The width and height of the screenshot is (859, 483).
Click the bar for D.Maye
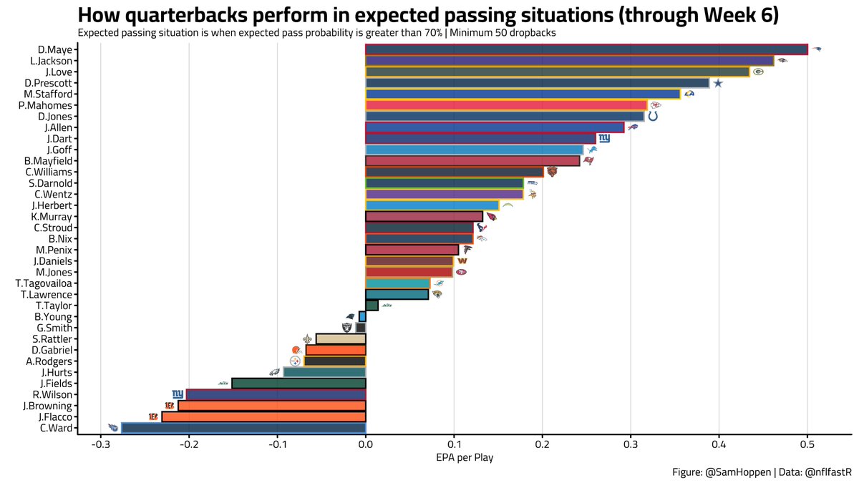[586, 49]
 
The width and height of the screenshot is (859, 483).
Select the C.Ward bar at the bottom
[243, 428]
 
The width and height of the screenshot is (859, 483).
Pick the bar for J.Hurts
[324, 372]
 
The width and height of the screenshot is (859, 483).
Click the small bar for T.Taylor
[372, 306]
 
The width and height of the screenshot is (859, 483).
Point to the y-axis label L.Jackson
[52, 61]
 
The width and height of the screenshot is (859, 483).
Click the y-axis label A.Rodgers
[49, 361]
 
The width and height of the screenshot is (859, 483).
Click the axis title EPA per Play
[464, 458]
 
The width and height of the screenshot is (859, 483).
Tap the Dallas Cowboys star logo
[718, 83]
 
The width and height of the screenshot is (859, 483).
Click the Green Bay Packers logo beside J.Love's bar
[757, 72]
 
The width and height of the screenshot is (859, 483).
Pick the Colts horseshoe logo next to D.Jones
[653, 116]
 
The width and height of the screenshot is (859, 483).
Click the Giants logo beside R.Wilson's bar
[178, 394]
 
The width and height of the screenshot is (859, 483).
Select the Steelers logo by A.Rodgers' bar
[295, 361]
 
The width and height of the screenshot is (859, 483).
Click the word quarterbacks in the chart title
[185, 15]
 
